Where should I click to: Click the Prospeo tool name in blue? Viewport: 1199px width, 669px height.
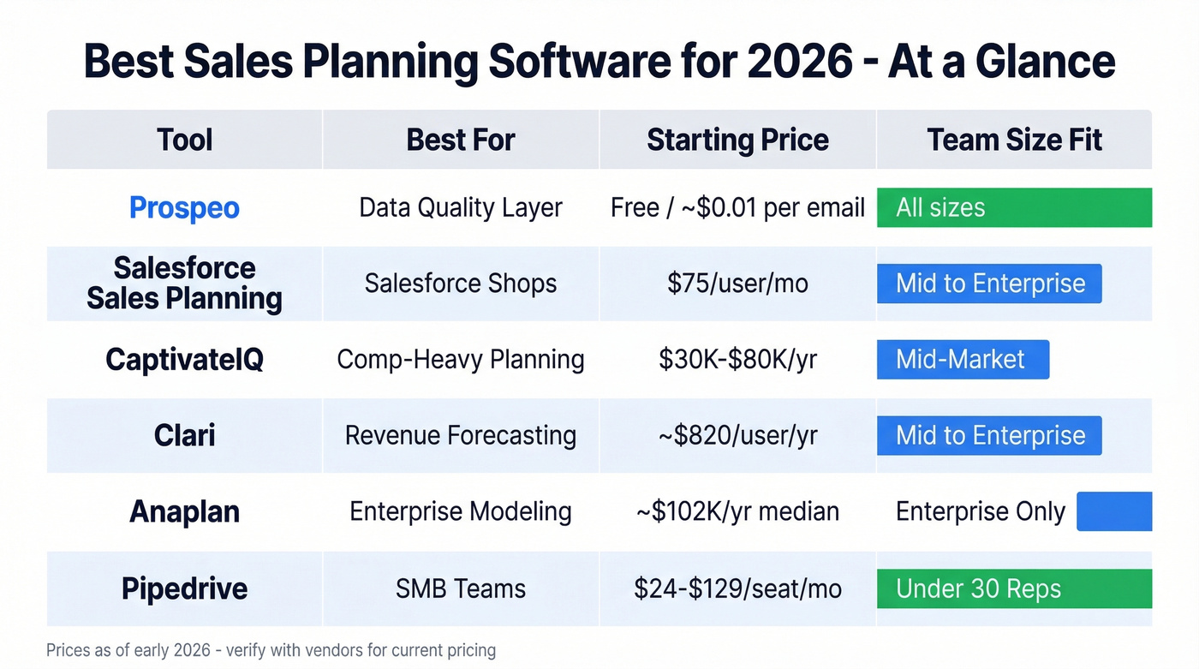pos(184,208)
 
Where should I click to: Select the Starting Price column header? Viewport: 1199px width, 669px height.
pos(737,140)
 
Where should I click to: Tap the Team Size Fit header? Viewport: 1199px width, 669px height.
pos(1014,140)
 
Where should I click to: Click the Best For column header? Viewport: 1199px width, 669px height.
pos(461,140)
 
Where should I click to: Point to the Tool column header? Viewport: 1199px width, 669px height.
pos(184,140)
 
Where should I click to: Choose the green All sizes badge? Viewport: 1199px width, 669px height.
pos(1014,208)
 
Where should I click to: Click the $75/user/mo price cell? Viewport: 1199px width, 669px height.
pos(737,284)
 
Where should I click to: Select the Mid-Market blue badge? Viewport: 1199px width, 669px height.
pos(963,360)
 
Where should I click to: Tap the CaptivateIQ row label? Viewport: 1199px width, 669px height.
pos(184,360)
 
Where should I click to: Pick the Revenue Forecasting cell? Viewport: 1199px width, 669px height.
pos(461,435)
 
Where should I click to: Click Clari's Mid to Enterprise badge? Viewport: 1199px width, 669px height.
pos(989,435)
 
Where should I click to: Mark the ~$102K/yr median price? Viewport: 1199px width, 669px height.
pos(737,511)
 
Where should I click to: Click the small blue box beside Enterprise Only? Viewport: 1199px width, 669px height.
pos(1113,511)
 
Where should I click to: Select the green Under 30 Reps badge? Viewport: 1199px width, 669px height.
pos(1014,588)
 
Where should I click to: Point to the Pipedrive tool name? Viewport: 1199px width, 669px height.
pos(184,588)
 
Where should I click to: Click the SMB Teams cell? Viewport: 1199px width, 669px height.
pos(461,588)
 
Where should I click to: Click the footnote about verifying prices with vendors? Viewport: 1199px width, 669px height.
pos(271,650)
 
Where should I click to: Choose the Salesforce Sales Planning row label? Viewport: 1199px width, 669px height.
pos(184,284)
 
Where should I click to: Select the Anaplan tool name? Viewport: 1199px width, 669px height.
pos(184,511)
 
